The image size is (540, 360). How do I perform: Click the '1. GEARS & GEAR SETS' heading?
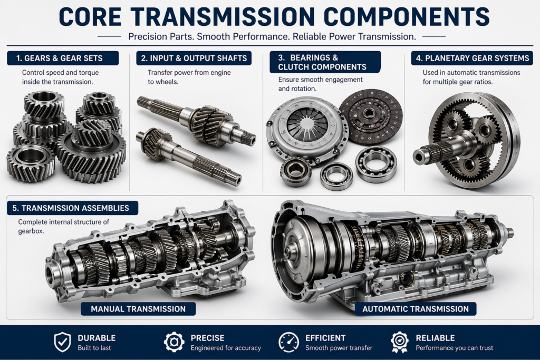coord(59,58)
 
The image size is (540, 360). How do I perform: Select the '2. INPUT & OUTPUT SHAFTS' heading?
coord(194,58)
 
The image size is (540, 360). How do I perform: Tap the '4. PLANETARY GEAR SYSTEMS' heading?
coord(472,58)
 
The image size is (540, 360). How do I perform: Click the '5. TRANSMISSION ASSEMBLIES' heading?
coord(71,208)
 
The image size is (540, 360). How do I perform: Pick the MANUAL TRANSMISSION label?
coord(138,309)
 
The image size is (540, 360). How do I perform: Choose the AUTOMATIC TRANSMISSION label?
coord(416,309)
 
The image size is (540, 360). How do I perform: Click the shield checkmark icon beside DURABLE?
coord(62,342)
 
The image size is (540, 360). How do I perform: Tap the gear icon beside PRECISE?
coord(174,342)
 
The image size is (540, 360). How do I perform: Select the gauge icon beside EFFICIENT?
coord(288,342)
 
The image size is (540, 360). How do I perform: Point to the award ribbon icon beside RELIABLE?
coord(400,342)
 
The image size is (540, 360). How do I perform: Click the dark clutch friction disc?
coord(371,116)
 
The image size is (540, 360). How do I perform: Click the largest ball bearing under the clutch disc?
coord(376,164)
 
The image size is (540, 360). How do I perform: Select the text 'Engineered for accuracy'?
coord(226,348)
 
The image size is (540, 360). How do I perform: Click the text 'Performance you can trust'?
coord(454,348)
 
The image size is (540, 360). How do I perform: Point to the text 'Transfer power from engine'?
coord(189,73)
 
